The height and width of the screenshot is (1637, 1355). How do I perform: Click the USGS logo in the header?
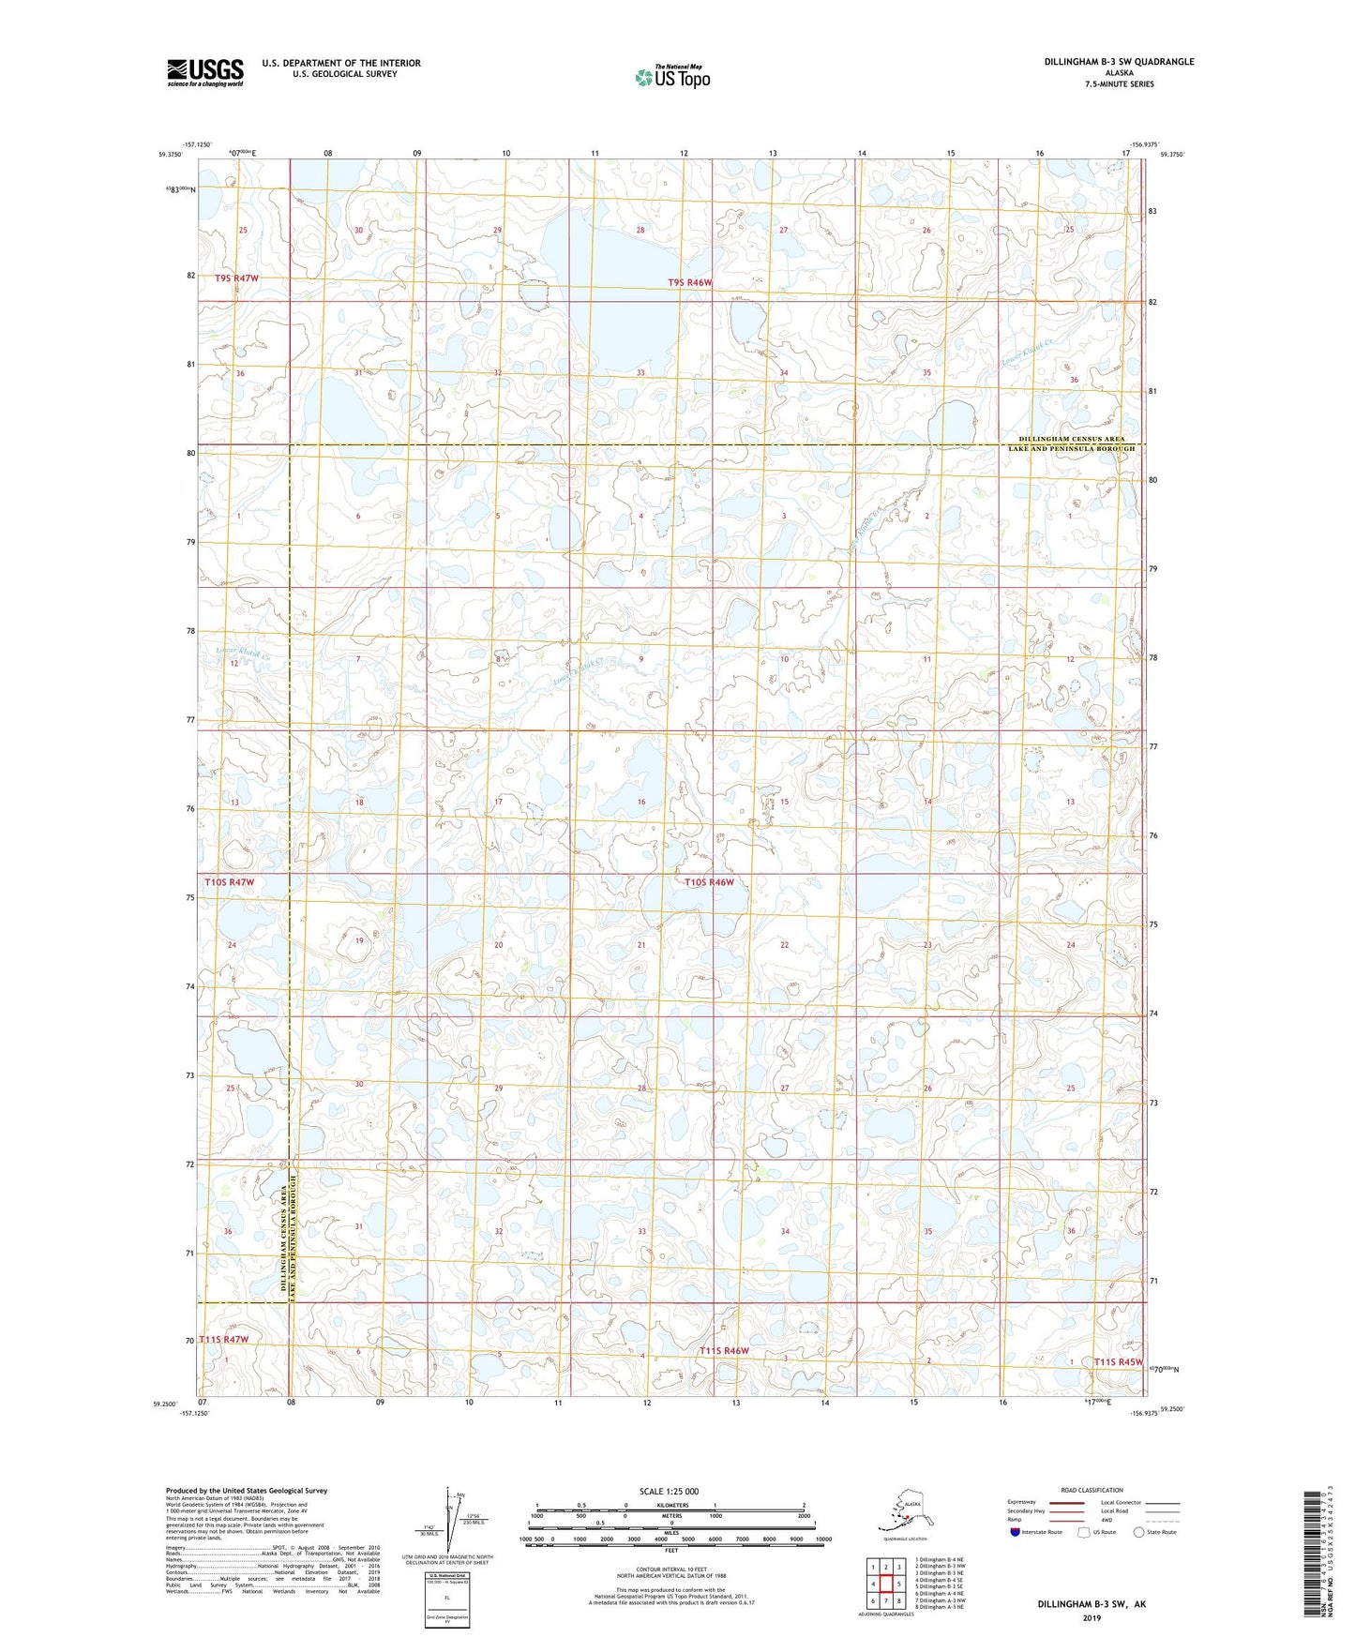click(x=205, y=72)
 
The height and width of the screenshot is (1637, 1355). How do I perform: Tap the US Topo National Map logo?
click(x=672, y=76)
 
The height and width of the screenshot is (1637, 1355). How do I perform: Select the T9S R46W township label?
click(x=690, y=282)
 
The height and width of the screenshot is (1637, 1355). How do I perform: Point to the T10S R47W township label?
click(x=230, y=882)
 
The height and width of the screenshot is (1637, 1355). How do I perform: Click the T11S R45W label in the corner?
click(x=1119, y=1361)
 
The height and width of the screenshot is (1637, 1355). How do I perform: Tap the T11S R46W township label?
click(x=725, y=1350)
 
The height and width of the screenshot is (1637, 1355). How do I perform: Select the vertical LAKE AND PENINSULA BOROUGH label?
click(x=294, y=1238)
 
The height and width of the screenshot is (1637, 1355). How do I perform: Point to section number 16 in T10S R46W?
click(x=641, y=802)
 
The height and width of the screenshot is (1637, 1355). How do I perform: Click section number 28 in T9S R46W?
click(x=640, y=230)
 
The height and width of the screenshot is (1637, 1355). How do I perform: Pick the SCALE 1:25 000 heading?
click(x=669, y=1491)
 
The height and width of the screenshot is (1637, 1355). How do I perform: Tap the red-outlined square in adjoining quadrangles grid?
click(x=884, y=1584)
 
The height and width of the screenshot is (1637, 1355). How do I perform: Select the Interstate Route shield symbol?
click(x=1015, y=1532)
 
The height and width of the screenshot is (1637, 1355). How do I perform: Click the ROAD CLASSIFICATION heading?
click(x=1092, y=1490)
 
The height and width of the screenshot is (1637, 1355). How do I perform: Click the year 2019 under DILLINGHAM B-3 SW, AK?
click(x=1092, y=1618)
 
